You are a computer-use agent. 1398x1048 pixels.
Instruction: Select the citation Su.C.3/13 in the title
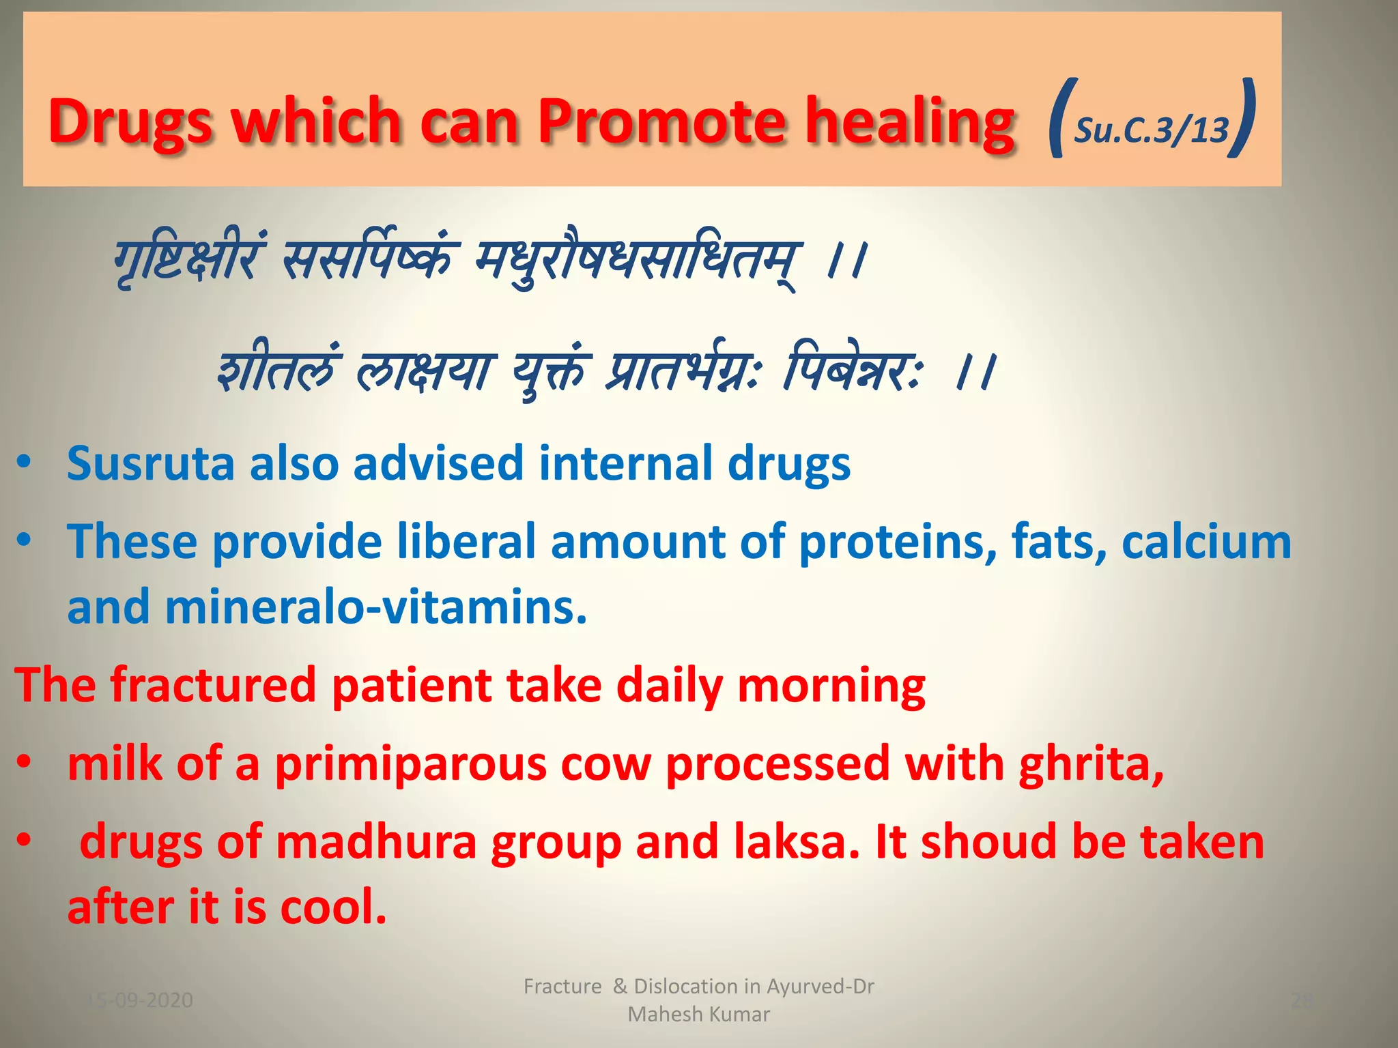(1151, 130)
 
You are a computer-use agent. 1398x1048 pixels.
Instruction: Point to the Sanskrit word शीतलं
(276, 372)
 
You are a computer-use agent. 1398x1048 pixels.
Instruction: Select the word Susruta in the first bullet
(150, 464)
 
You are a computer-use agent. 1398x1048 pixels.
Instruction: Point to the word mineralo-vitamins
(375, 607)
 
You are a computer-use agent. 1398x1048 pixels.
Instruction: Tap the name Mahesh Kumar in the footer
(698, 1015)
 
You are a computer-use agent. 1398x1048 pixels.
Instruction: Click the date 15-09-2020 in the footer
(140, 1000)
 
